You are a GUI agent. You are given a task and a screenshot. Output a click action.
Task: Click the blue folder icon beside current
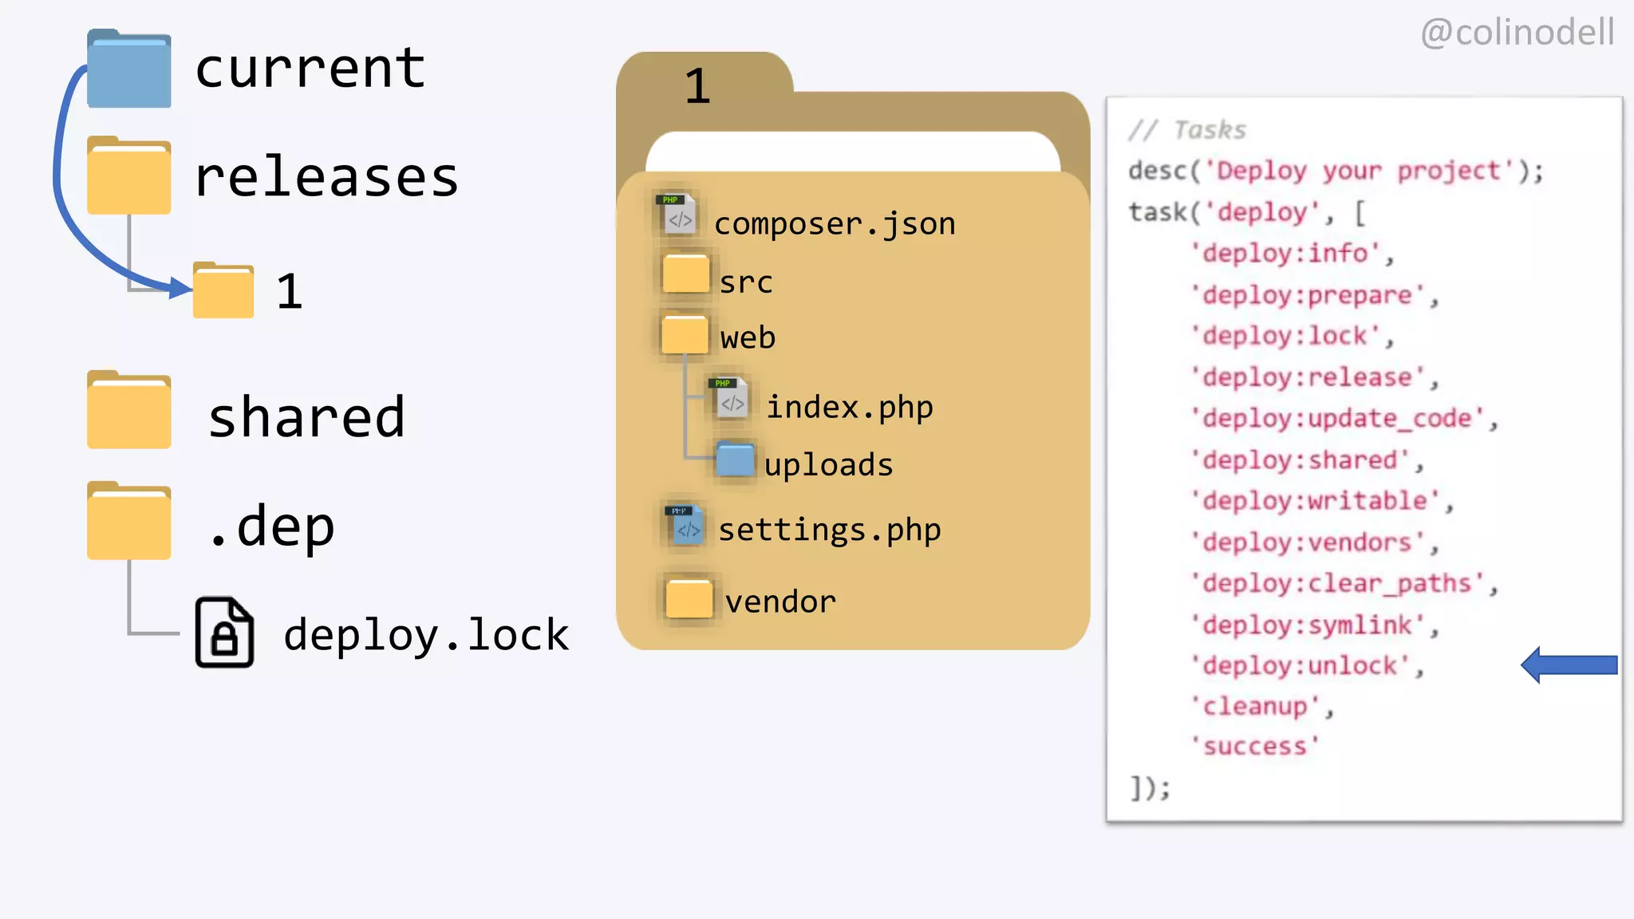[x=128, y=70]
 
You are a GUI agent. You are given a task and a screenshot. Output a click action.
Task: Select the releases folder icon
[x=128, y=176]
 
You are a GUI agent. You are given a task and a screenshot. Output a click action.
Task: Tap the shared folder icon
[x=128, y=411]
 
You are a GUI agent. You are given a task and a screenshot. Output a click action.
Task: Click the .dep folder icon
[x=128, y=522]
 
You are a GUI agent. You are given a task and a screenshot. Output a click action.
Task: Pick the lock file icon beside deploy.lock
[x=224, y=632]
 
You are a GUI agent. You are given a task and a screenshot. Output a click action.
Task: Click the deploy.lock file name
[x=426, y=635]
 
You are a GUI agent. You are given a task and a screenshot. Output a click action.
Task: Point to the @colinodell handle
[x=1517, y=33]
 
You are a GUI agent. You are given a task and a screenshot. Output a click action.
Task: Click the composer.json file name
[x=835, y=224]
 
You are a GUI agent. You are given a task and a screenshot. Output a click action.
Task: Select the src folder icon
[x=685, y=274]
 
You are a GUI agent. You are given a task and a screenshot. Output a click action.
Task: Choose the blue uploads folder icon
[x=735, y=459]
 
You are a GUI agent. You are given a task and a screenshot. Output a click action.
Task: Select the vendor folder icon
[x=689, y=598]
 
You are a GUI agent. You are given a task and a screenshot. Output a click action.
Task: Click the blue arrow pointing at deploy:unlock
[x=1569, y=665]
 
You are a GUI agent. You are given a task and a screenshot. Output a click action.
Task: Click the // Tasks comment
[x=1187, y=130]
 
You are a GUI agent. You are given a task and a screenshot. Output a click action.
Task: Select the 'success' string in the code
[x=1255, y=747]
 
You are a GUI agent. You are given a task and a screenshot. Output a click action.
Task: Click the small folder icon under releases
[x=223, y=291]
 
